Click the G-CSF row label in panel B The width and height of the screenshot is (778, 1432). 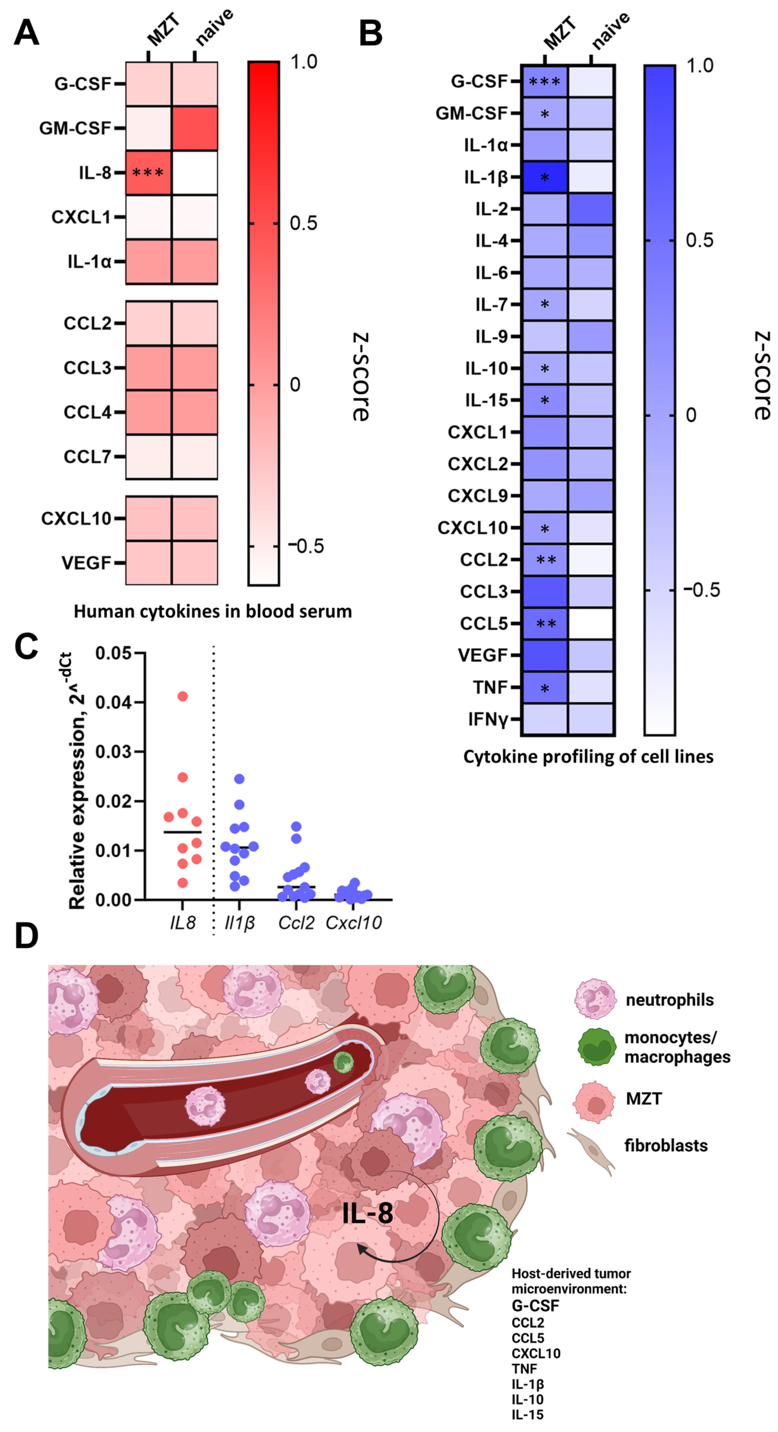coord(479,82)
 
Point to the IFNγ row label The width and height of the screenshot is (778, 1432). coord(487,719)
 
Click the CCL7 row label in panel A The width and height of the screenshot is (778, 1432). coord(88,457)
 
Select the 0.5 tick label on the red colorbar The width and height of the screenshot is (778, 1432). coord(303,224)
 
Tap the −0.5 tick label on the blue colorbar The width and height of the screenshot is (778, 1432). coord(701,590)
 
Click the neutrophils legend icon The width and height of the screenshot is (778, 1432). coord(595,1000)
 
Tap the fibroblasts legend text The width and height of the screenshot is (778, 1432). coord(666,1145)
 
